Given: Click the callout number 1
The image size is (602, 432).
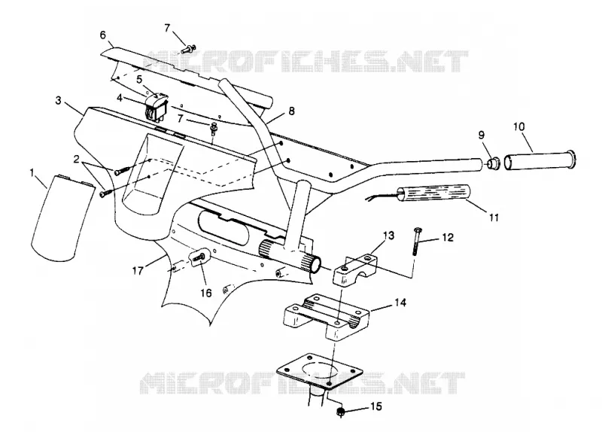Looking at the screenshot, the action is [32, 174].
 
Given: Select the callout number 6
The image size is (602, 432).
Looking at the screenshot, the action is [102, 35].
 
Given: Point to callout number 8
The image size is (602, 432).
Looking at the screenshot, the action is [291, 111].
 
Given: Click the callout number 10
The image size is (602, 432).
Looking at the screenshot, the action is [519, 126].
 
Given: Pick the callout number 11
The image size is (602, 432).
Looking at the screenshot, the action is [494, 218].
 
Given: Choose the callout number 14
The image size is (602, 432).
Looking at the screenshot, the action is [400, 303].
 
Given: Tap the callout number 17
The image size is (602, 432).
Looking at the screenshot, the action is [138, 270].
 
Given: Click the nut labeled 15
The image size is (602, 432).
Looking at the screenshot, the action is [340, 412].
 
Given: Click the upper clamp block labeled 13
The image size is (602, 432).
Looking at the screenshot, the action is [354, 268].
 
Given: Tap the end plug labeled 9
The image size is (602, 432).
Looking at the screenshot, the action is [493, 163].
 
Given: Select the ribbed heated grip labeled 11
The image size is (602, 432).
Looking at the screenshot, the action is [435, 193].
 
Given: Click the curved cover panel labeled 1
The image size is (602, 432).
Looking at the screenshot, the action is [62, 216].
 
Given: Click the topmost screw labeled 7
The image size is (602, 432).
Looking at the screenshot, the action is [189, 49].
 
